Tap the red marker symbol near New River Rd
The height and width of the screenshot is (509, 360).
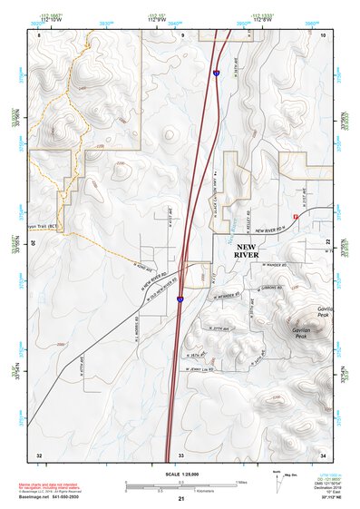click(296, 216)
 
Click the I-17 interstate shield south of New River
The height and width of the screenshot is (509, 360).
click(180, 298)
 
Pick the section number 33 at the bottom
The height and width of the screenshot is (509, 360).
click(181, 453)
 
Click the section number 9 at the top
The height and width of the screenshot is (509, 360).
click(182, 34)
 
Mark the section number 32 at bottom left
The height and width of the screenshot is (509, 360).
click(39, 453)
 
